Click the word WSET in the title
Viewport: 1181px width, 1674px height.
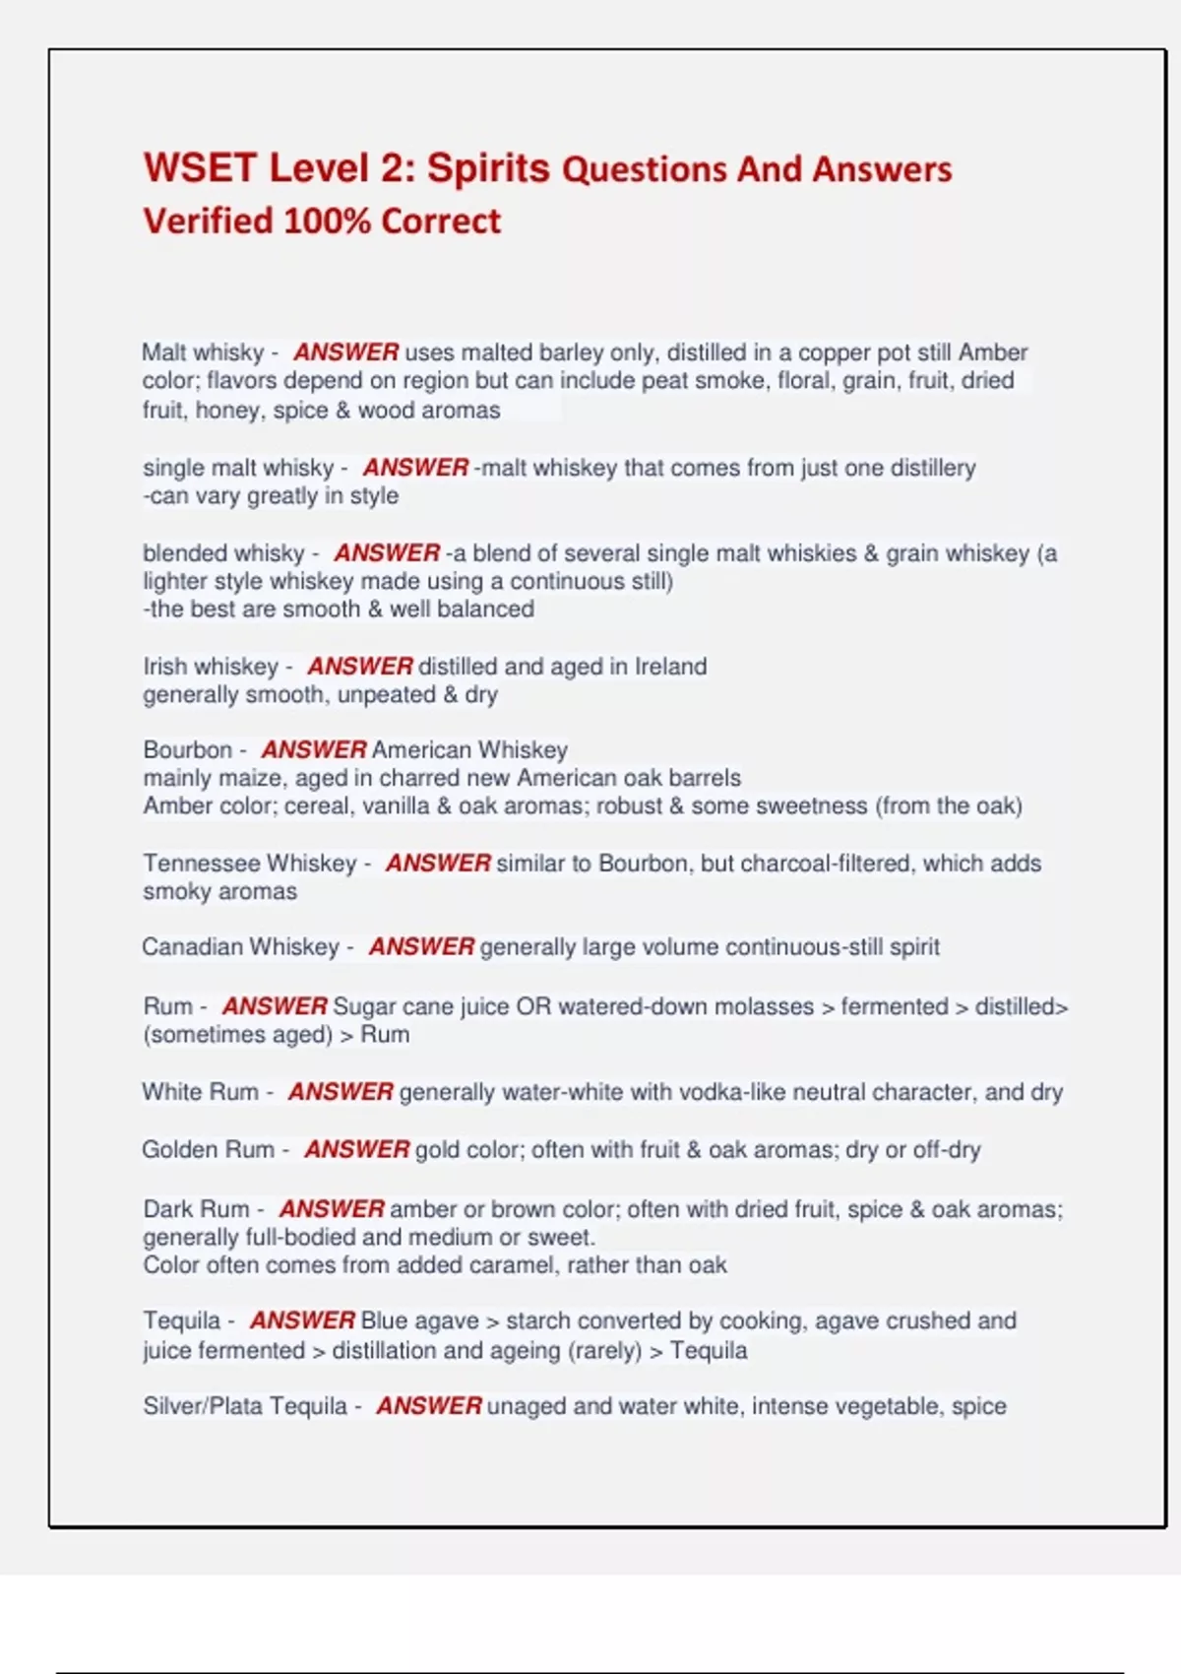[x=201, y=168]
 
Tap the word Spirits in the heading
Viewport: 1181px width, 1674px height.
[x=488, y=168]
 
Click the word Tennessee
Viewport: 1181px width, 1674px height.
[x=201, y=864]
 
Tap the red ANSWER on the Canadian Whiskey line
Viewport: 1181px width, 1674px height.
[x=421, y=947]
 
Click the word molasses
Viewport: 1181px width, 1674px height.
[x=763, y=1007]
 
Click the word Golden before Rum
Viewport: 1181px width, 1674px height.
[x=179, y=1149]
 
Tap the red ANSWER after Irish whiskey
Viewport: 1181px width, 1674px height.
[x=360, y=667]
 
